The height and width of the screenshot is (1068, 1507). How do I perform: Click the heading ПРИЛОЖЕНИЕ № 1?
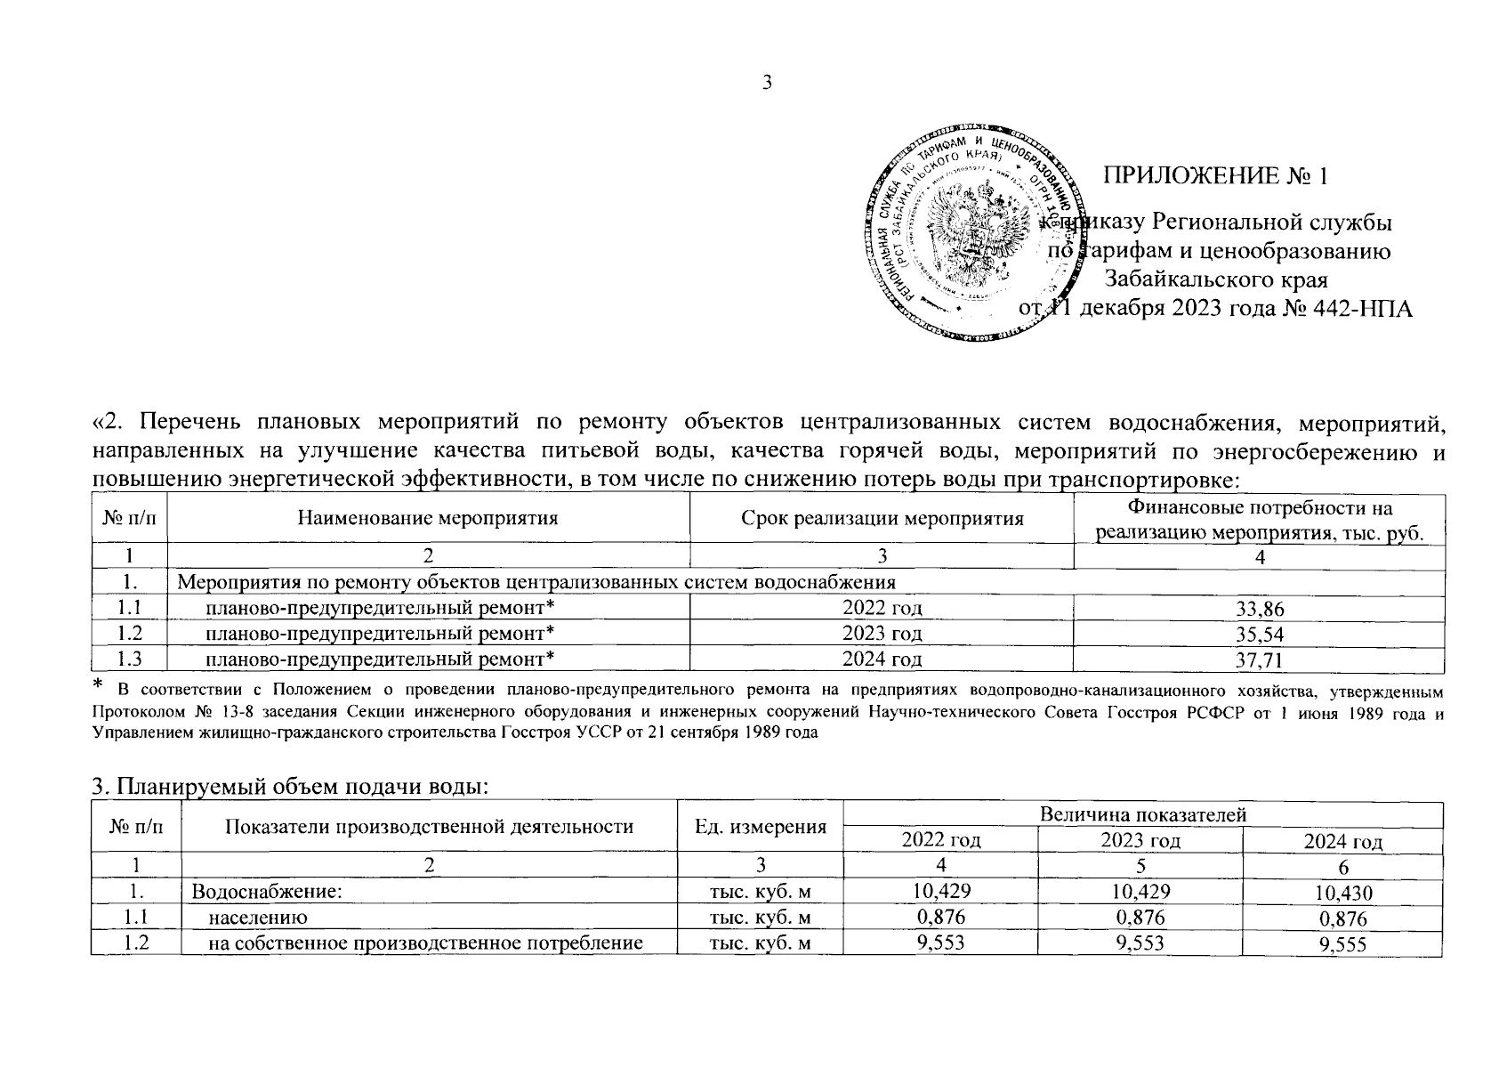pyautogui.click(x=1214, y=176)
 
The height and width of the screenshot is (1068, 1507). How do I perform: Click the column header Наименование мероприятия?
pyautogui.click(x=428, y=518)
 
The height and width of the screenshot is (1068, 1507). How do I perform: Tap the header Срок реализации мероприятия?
pyautogui.click(x=882, y=518)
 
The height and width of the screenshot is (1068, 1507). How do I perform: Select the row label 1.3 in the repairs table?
pyautogui.click(x=129, y=659)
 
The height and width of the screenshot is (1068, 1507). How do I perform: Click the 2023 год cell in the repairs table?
pyautogui.click(x=882, y=634)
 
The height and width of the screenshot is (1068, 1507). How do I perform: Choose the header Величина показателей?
pyautogui.click(x=1142, y=813)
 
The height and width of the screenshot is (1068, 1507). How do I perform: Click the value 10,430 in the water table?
pyautogui.click(x=1342, y=894)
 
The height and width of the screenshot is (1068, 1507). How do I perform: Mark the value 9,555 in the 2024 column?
pyautogui.click(x=1342, y=945)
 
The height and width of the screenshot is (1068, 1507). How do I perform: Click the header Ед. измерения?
pyautogui.click(x=760, y=827)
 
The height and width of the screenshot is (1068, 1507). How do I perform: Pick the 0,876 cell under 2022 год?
pyautogui.click(x=939, y=917)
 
